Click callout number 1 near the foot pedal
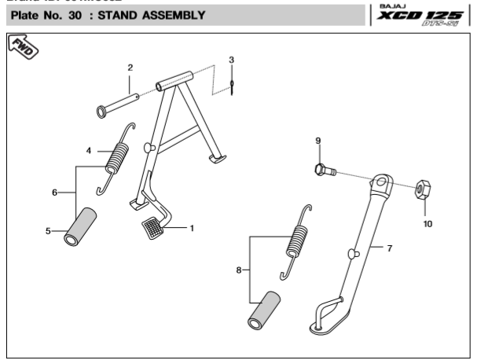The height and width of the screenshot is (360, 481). [192, 228]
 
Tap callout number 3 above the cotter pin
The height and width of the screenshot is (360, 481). [232, 60]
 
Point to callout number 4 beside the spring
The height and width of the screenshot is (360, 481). [89, 150]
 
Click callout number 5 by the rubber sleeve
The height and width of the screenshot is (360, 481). [49, 231]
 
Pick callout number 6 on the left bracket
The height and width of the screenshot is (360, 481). [54, 193]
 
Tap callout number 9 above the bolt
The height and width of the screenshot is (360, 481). [318, 141]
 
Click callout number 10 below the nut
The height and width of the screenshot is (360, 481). [428, 223]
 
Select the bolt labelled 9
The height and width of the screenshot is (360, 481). [325, 169]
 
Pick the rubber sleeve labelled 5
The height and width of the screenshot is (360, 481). [82, 226]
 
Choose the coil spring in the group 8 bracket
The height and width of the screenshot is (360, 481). [296, 240]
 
